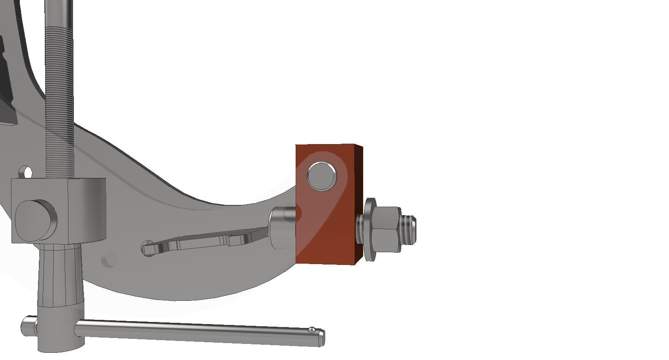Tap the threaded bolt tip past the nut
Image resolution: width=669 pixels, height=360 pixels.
coord(409,229)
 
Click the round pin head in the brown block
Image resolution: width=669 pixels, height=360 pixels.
coord(322,176)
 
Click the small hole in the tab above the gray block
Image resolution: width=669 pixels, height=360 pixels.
coord(28,172)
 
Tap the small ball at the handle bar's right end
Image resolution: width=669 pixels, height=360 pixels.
coord(312,330)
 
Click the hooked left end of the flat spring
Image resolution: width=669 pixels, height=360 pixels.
coord(148,248)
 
